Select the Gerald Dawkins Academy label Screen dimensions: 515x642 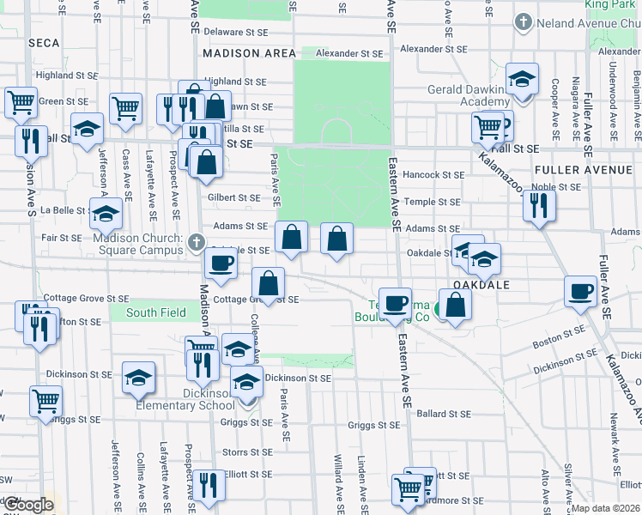(472, 95)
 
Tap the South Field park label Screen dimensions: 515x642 (156, 312)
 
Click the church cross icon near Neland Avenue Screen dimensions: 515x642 (522, 21)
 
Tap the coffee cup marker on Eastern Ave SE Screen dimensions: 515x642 (396, 303)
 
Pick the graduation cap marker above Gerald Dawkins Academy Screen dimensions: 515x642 (521, 80)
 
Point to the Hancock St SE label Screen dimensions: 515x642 (434, 175)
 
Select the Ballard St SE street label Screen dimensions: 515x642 (444, 414)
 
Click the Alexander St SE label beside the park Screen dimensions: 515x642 (348, 53)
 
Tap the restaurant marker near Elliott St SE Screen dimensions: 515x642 (208, 486)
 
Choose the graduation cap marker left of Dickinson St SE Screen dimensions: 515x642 (138, 377)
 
